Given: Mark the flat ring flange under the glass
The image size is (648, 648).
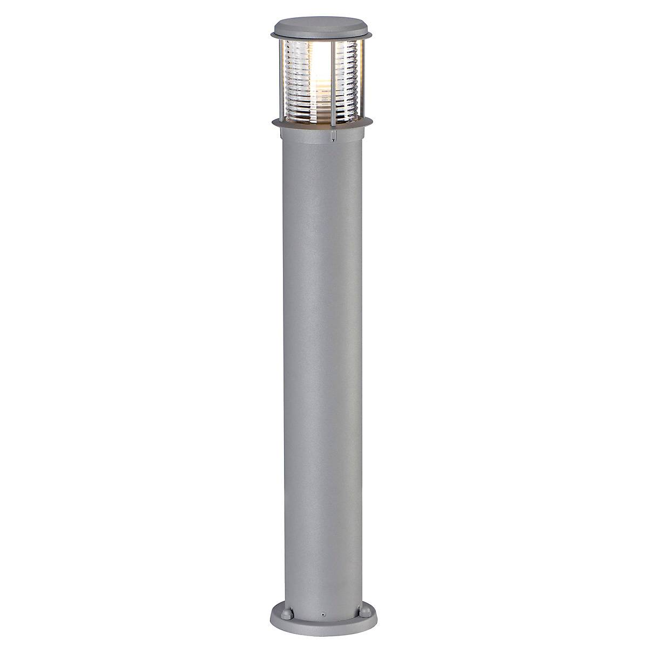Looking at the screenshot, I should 323,123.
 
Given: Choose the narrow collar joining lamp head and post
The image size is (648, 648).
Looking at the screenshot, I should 323,135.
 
